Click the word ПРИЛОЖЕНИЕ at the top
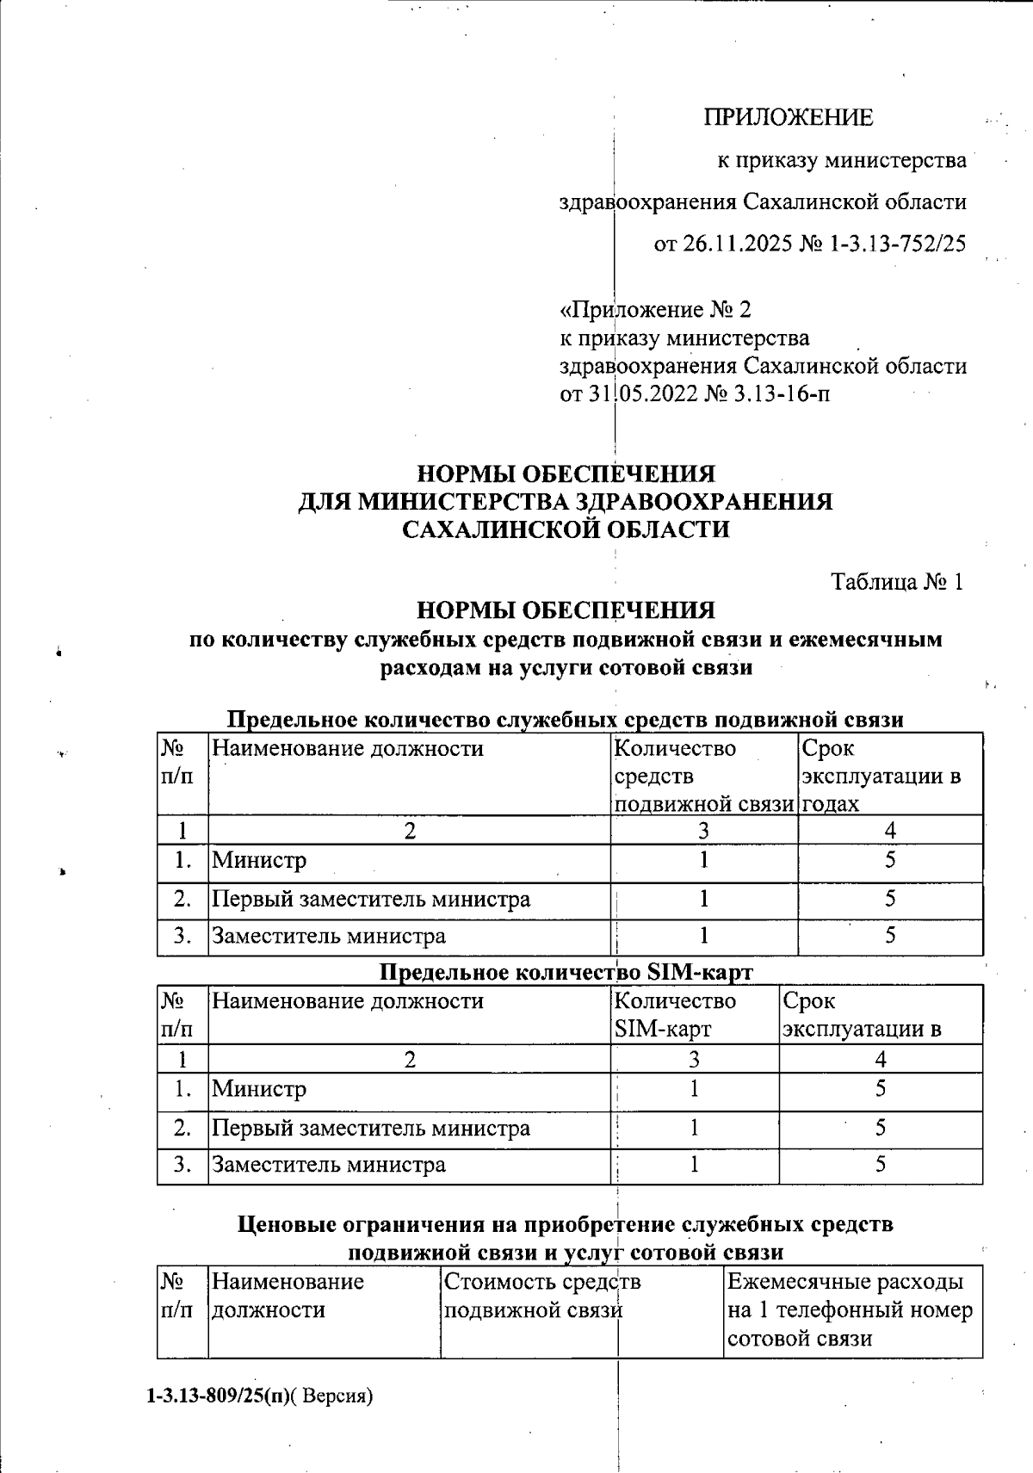tap(788, 117)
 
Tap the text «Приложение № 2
tap(656, 309)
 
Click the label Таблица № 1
tap(897, 582)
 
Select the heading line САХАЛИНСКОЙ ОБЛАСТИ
tap(566, 529)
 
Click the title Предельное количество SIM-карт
tap(566, 972)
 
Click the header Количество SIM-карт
tap(675, 1015)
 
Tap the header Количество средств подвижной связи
tap(702, 776)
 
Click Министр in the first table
tap(259, 860)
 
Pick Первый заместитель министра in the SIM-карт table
tap(371, 1128)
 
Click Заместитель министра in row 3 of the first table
tap(329, 936)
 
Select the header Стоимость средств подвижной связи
tap(542, 1296)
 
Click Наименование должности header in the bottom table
tap(288, 1296)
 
